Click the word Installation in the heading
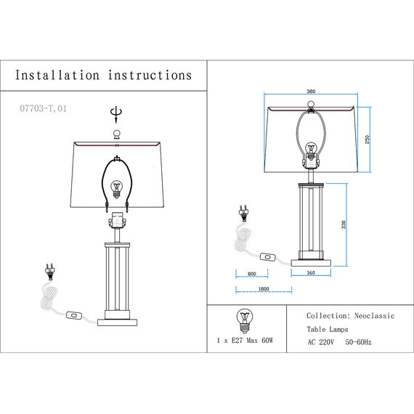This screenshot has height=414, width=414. click(x=57, y=76)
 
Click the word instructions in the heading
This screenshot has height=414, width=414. click(x=150, y=76)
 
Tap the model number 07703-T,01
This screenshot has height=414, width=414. click(x=44, y=108)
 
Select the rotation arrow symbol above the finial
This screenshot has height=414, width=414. click(x=116, y=115)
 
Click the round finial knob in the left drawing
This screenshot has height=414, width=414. click(x=117, y=134)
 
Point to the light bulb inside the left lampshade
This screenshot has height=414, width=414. click(x=117, y=190)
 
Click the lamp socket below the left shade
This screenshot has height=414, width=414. click(x=117, y=220)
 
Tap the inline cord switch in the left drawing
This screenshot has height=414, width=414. click(x=74, y=315)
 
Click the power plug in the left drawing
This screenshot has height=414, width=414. click(x=49, y=272)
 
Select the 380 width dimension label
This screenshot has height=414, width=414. click(x=311, y=92)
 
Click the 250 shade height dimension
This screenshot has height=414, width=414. click(x=367, y=139)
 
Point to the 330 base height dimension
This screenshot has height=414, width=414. click(x=344, y=224)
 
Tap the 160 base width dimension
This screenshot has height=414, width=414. click(x=311, y=273)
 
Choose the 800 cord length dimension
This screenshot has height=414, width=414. click(x=252, y=274)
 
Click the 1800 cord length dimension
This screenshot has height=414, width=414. click(x=264, y=289)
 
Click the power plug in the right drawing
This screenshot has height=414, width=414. click(x=243, y=214)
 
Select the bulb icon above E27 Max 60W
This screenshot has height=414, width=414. click(x=245, y=321)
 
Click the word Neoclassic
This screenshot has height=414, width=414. click(x=374, y=316)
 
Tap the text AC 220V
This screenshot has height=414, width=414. click(x=320, y=342)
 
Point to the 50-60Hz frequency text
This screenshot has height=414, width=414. click(x=358, y=342)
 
